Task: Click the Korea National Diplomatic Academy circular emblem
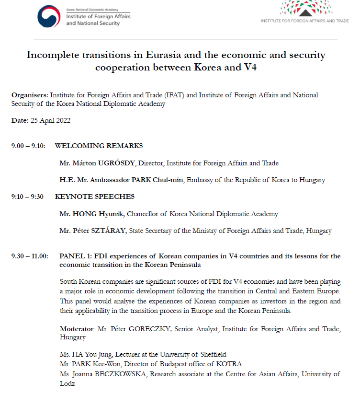[x=49, y=16]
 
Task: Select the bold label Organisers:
[x=30, y=95]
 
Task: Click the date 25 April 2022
[x=50, y=120]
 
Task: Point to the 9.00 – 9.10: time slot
[x=28, y=146]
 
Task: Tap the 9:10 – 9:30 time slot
[x=27, y=197]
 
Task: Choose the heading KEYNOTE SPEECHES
[x=95, y=197]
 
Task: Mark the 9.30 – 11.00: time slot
[x=30, y=256]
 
